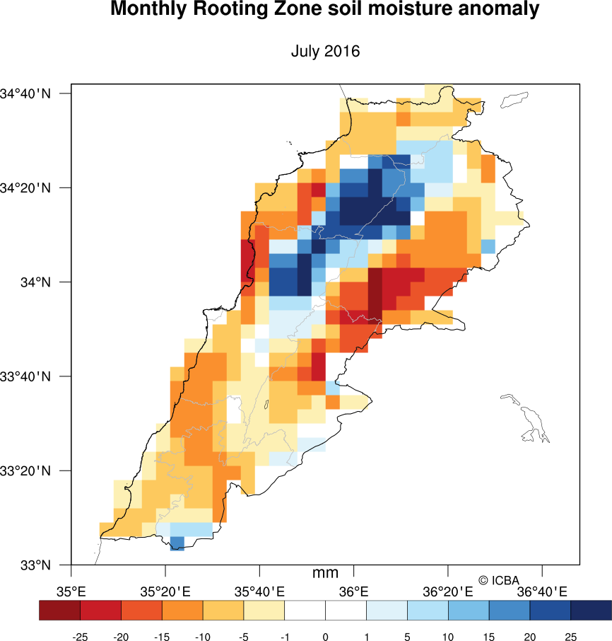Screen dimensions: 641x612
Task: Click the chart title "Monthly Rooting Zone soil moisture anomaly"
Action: [325, 11]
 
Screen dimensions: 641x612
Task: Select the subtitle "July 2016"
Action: [325, 52]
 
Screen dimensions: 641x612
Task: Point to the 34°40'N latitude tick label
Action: [26, 93]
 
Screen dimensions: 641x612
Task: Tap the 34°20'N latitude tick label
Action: [26, 188]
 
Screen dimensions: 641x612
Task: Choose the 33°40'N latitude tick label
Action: [26, 376]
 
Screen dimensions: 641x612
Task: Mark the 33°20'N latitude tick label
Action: [26, 471]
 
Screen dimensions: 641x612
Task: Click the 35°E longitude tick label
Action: [71, 591]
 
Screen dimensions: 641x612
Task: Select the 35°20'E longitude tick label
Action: [165, 591]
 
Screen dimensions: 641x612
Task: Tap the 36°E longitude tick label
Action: [354, 591]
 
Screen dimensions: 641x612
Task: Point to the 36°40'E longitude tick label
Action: [542, 591]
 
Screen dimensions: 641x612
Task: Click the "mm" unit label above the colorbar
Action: [325, 573]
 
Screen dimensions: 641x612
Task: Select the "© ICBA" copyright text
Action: [499, 581]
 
